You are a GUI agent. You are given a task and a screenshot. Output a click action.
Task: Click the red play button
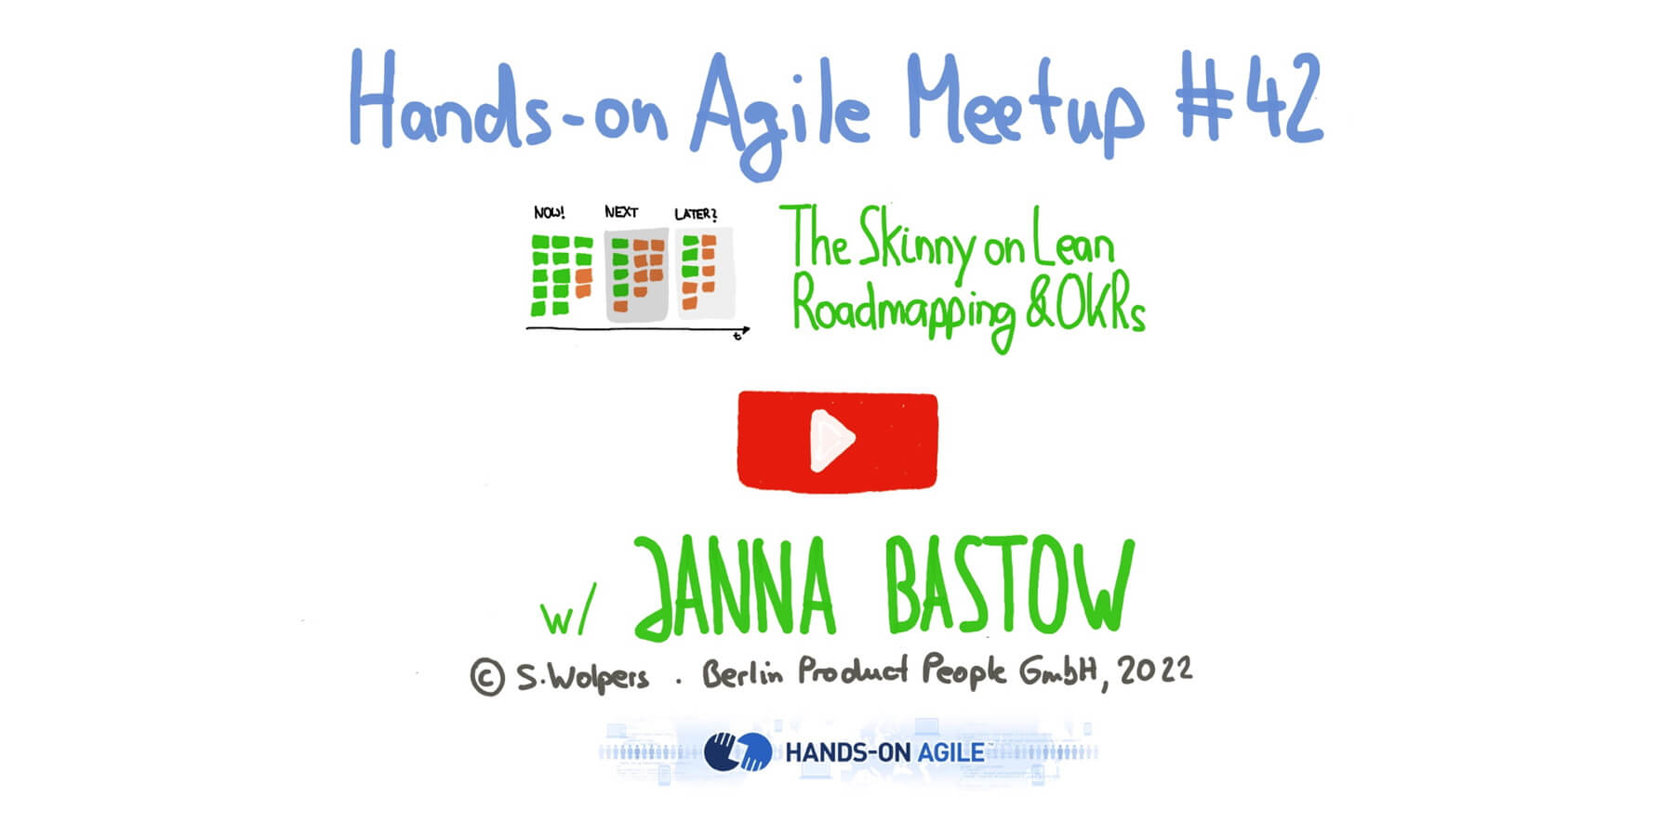coord(837,440)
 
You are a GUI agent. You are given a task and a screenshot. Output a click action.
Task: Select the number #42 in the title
coord(1249,100)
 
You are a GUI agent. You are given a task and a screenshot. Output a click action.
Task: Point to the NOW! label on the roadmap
coord(550,213)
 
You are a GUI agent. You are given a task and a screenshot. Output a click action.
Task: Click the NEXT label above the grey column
coord(621,212)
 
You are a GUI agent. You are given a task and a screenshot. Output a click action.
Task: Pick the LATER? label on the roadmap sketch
coord(696,214)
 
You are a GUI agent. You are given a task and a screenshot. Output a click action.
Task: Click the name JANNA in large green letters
coord(736,589)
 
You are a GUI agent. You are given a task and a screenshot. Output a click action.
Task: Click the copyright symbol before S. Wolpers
coord(487,677)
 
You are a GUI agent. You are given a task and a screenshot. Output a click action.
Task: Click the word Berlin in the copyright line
coord(742,672)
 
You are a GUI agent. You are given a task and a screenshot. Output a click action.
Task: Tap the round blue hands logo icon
coord(737,751)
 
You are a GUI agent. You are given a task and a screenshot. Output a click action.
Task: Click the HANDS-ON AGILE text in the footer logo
coord(884,752)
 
